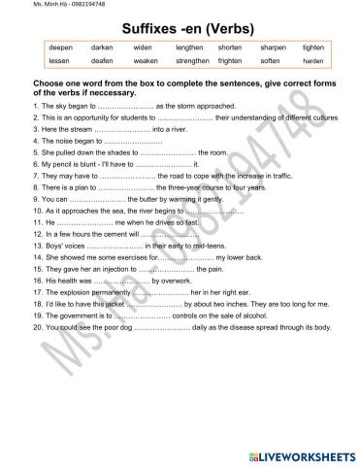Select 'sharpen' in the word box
pyautogui.click(x=274, y=47)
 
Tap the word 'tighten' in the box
pyautogui.click(x=313, y=47)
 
